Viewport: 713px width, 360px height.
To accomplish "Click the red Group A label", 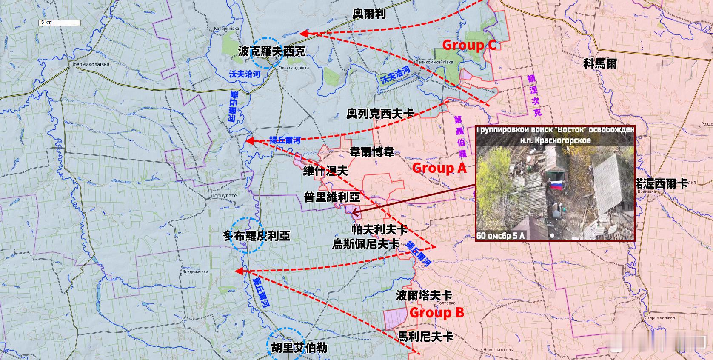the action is click(x=439, y=168).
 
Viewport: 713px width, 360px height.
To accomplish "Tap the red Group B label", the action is click(x=436, y=313).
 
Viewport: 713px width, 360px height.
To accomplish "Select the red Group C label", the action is click(x=469, y=45).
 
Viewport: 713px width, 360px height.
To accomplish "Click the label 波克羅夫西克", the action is click(x=271, y=51).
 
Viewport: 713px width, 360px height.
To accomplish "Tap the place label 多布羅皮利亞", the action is click(x=257, y=236).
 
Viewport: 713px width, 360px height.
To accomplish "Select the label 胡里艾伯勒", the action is click(x=299, y=348).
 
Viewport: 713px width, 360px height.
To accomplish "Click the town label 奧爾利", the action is click(x=369, y=14).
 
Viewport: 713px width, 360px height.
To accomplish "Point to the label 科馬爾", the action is click(x=600, y=63).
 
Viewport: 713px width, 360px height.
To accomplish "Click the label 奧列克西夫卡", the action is click(x=380, y=114).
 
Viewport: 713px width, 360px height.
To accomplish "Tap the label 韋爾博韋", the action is click(x=372, y=152).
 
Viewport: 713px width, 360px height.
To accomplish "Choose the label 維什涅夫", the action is click(x=325, y=171).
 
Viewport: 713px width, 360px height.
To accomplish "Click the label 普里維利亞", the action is click(x=332, y=197).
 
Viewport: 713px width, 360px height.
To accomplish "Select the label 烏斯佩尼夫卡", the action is click(x=366, y=244).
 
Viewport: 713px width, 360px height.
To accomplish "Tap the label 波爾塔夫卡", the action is click(x=424, y=295).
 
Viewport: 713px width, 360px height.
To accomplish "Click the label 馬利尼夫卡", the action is click(x=425, y=337).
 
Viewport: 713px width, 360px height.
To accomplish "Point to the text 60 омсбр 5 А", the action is click(x=501, y=235).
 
